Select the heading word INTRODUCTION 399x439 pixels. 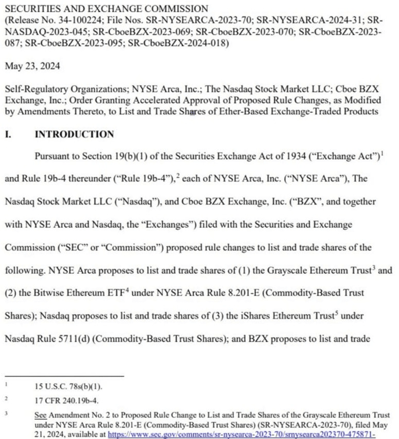pyautogui.click(x=74, y=134)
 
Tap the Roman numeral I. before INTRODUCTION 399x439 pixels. pyautogui.click(x=8, y=134)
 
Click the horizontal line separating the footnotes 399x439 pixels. pyautogui.click(x=64, y=375)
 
